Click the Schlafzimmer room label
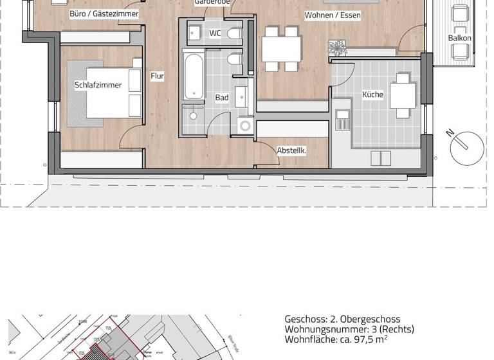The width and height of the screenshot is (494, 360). coord(98,85)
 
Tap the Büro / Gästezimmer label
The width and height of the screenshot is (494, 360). coord(104,13)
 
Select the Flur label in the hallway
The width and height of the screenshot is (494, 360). coord(157,76)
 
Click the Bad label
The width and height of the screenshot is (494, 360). coord(222,98)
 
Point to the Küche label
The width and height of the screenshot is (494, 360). coord(372,94)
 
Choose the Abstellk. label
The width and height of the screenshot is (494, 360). coord(291,150)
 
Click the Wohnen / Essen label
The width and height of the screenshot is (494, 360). coord(333,15)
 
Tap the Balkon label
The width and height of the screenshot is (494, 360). coord(460,38)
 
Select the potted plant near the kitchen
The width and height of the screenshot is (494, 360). coord(337,48)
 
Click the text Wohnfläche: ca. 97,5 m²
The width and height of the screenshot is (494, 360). coord(336,339)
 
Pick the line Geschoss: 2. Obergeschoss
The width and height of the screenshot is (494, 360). coord(342,319)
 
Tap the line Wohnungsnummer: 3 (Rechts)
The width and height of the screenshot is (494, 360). coord(349,329)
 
